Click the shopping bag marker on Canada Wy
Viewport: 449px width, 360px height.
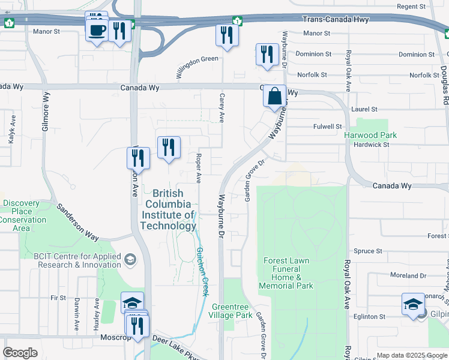(274, 97)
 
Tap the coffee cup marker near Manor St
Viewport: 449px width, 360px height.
(97, 29)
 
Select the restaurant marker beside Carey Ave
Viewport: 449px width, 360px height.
(227, 35)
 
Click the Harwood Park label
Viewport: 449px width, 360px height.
(370, 135)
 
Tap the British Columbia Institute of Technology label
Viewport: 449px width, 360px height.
(168, 209)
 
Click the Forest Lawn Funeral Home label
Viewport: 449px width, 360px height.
(286, 273)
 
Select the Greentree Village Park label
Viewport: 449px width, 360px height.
(232, 311)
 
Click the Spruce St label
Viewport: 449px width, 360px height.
(368, 251)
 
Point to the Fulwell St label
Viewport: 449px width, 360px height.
(327, 127)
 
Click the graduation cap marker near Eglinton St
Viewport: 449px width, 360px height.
(414, 304)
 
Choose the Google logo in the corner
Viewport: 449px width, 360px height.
(20, 353)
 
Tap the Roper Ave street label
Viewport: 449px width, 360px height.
(197, 167)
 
